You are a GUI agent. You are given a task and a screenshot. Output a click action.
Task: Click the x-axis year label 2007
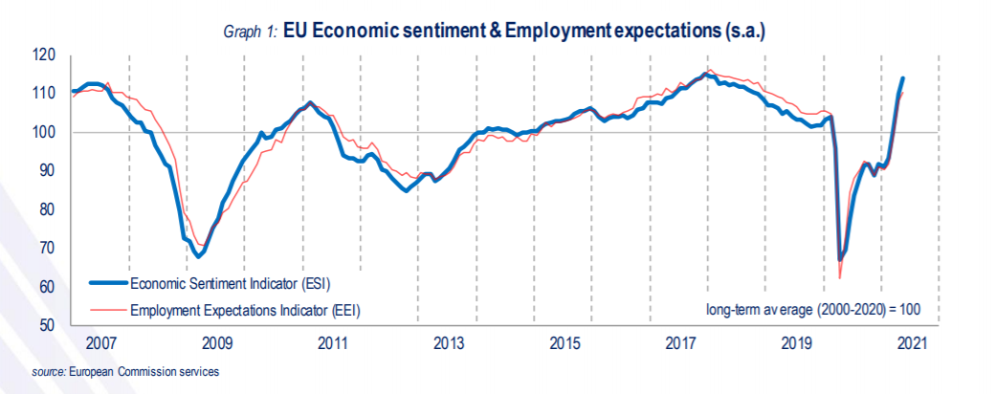click(x=100, y=343)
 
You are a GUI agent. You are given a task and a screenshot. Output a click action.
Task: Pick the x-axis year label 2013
click(x=449, y=343)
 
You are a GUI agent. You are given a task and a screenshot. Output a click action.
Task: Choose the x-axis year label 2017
click(x=680, y=343)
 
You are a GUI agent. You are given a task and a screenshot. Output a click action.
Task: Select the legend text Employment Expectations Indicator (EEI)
click(x=245, y=309)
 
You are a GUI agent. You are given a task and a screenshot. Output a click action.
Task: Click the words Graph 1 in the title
click(x=247, y=33)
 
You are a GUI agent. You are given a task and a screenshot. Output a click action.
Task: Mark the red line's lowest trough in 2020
click(x=839, y=278)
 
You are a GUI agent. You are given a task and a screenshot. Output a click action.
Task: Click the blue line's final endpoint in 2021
click(x=903, y=78)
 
